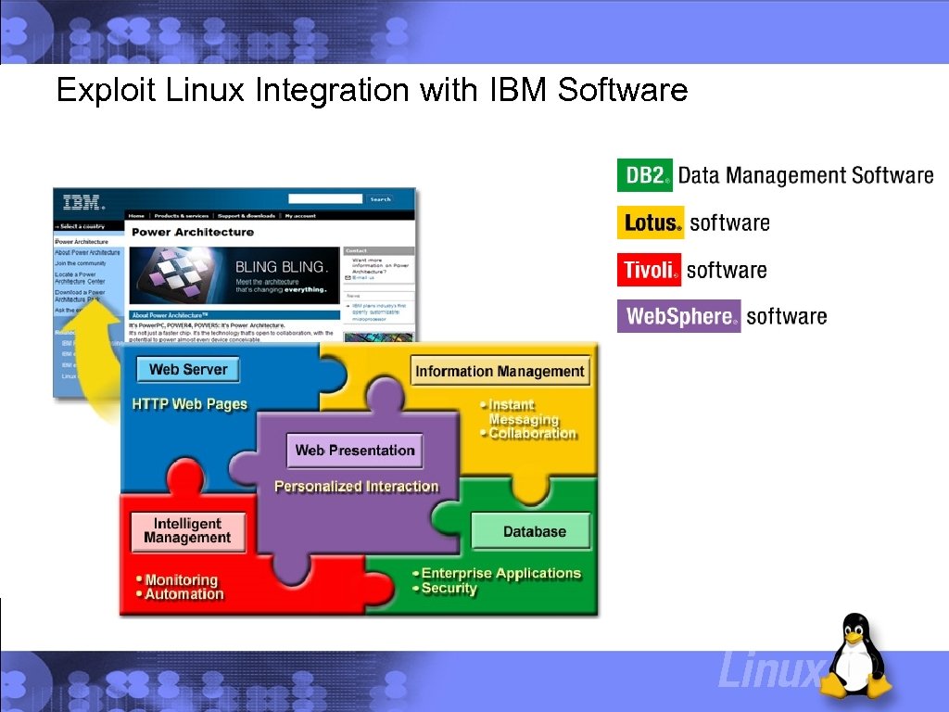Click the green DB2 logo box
[x=645, y=175]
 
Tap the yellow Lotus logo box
[x=651, y=222]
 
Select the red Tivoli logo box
[x=649, y=270]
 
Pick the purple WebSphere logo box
[x=679, y=316]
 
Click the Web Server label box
[x=188, y=369]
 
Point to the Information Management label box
[x=500, y=371]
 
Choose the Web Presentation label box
[x=355, y=451]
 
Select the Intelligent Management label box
[x=187, y=531]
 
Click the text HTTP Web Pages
[x=190, y=404]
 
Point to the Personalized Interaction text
[x=357, y=487]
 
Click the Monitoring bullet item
[x=182, y=579]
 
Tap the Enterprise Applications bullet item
[x=501, y=573]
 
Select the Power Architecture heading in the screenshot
[x=193, y=232]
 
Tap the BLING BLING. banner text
[x=281, y=267]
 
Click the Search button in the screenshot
[x=380, y=199]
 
